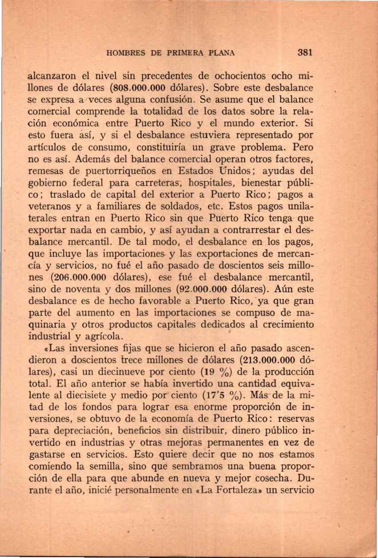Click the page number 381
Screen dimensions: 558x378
(305, 52)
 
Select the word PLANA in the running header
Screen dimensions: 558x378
(220, 52)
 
